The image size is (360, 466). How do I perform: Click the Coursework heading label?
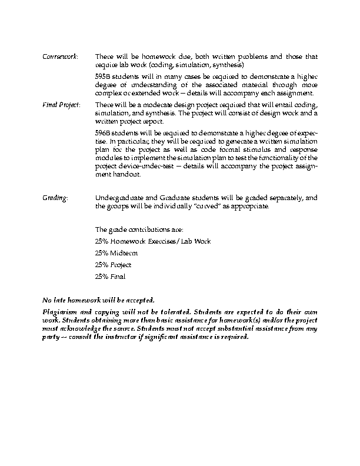point(60,56)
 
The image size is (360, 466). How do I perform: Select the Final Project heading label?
point(62,105)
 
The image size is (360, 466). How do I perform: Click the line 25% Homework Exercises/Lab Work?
point(152,241)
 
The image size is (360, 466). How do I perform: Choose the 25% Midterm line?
point(116,253)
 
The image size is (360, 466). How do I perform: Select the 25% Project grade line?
point(113,265)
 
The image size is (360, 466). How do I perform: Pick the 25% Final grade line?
point(110,277)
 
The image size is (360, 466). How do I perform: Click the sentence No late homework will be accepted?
point(99,299)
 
